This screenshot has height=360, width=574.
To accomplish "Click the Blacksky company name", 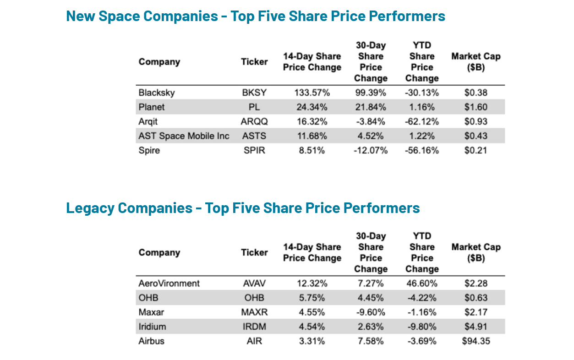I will tap(156, 93).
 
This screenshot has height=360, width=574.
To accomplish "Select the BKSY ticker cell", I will tap(254, 93).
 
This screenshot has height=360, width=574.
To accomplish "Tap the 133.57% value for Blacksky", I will tap(312, 93).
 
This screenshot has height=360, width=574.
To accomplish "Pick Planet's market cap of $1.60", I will tap(476, 107).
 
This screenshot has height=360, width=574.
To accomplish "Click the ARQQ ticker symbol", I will tap(254, 122).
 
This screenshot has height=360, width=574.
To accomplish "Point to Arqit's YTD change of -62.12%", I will tap(422, 122).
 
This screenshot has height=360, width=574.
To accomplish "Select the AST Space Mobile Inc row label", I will tap(184, 136).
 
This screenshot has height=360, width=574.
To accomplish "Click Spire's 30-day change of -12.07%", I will tap(370, 150).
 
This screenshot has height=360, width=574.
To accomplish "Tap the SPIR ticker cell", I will tap(254, 150).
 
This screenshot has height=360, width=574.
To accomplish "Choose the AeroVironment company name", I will tap(169, 284).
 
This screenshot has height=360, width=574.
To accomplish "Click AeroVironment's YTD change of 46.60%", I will tap(422, 284).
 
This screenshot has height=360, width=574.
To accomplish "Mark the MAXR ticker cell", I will tap(254, 312).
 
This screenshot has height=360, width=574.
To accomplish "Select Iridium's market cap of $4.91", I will tap(476, 327).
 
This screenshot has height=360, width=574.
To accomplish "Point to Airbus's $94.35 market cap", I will tap(476, 341).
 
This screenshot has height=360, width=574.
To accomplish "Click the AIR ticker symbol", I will tap(254, 341).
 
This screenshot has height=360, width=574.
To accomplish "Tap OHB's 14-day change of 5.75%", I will tap(312, 298).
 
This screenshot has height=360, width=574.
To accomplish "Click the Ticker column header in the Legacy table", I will tap(254, 252).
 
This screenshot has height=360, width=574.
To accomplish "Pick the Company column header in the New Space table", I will tap(159, 62).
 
